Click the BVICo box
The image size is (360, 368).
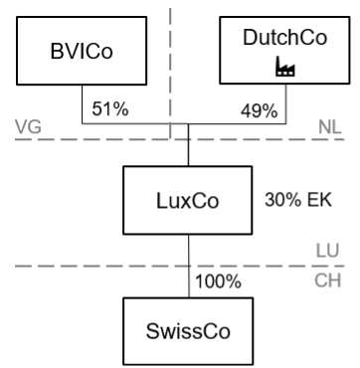tap(82, 51)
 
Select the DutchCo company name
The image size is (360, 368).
tap(284, 37)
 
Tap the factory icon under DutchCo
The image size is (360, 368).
tap(285, 67)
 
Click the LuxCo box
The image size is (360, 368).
tap(188, 200)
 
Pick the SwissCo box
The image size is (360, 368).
tap(188, 331)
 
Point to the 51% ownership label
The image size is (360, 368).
tap(110, 108)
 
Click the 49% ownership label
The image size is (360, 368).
tap(259, 111)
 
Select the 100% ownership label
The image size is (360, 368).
tap(218, 281)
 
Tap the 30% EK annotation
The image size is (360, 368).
tap(298, 200)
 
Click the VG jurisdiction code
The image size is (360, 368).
tap(28, 127)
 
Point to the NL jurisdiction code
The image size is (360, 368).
tap(330, 127)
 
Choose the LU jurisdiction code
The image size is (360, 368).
tap(327, 251)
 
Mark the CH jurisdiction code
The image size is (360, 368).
tap(327, 280)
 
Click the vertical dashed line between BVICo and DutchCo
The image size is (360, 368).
tap(170, 73)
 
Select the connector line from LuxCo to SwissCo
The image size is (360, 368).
tap(189, 266)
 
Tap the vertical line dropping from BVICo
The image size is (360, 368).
tap(83, 104)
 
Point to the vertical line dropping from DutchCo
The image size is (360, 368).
tap(286, 104)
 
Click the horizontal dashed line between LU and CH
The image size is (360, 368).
tap(180, 266)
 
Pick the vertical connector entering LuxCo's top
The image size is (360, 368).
tap(188, 145)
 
